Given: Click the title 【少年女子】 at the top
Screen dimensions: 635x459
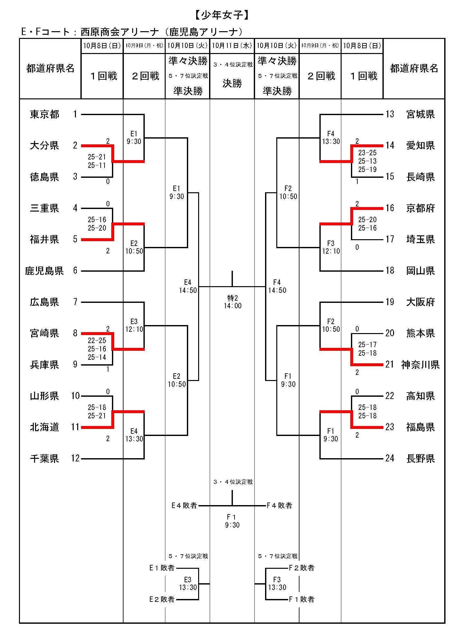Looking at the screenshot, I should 222,15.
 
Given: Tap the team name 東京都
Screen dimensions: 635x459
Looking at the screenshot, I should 44,114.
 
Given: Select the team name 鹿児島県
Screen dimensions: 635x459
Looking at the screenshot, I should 44,271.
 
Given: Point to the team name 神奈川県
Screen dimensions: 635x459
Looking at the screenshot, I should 420,365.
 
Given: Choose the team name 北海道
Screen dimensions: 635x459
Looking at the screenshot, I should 44,427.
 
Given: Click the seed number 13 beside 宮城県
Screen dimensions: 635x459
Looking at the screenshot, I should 390,114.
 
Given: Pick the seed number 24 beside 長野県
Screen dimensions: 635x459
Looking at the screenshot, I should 390,458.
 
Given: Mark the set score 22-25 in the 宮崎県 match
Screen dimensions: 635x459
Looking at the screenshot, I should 97,340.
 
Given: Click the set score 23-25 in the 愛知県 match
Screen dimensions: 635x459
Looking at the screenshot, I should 367,153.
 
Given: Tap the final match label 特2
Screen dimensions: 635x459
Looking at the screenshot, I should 232,298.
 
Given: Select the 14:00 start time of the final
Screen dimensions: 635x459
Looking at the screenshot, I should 232,306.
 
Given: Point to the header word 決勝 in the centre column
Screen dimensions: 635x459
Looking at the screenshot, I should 232,83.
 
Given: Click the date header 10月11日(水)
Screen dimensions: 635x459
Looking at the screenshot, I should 232,46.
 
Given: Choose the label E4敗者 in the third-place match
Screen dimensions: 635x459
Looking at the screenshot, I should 184,505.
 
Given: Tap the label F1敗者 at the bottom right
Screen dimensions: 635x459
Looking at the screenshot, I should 301,599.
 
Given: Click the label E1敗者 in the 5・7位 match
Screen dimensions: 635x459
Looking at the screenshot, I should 162,568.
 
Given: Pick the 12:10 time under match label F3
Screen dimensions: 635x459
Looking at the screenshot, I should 331,251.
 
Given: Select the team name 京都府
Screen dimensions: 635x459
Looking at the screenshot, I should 420,208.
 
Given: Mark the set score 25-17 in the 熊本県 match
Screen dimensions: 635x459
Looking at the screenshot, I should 367,345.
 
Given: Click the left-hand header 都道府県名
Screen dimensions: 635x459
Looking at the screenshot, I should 50,68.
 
